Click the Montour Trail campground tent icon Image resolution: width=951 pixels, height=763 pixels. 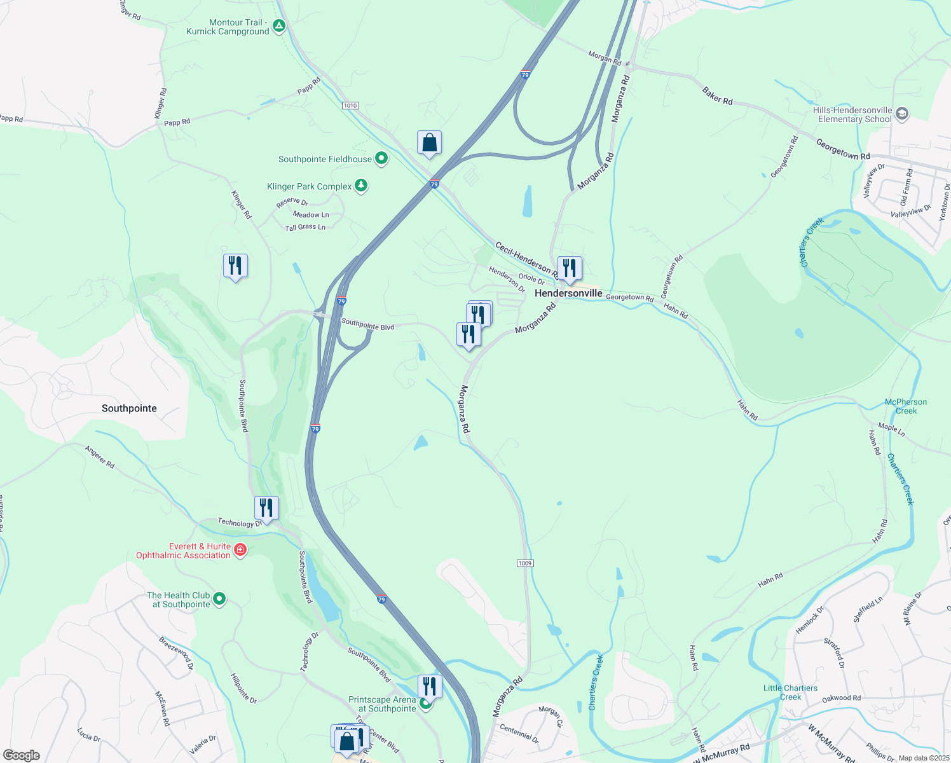click(278, 27)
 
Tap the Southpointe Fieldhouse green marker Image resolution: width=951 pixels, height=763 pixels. click(381, 159)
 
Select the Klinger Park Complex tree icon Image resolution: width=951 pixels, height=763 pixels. click(361, 186)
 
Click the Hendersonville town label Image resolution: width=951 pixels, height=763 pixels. click(568, 293)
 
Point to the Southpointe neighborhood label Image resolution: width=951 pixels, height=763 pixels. click(129, 408)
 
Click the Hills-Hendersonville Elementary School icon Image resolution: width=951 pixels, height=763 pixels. click(901, 114)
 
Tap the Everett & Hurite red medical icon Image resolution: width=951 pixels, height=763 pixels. click(240, 550)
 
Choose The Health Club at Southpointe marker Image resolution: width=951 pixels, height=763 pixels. click(219, 599)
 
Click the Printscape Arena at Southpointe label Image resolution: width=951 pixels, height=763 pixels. click(382, 704)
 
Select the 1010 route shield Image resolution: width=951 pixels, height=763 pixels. click(350, 105)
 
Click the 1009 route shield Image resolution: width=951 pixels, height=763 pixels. click(525, 563)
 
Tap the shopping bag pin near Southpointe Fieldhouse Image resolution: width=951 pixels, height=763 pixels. click(429, 143)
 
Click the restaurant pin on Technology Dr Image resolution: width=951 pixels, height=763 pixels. click(266, 508)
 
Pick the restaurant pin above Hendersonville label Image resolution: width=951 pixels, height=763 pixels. click(570, 268)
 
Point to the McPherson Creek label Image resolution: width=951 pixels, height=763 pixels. click(906, 406)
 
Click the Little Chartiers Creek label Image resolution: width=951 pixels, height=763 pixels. click(790, 692)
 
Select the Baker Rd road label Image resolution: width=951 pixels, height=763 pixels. click(717, 96)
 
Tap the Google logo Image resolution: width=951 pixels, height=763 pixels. click(22, 755)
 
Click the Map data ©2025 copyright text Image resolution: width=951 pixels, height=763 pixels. click(922, 758)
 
